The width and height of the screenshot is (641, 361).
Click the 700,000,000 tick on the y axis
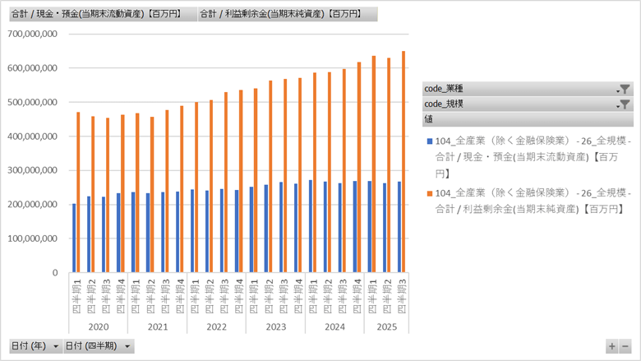(x=30, y=34)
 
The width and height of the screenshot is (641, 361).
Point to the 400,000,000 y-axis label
(x=30, y=137)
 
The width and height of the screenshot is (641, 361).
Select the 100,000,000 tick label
(x=30, y=238)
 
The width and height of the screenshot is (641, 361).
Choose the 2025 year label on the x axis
(x=384, y=326)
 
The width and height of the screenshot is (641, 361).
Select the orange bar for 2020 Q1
(x=78, y=192)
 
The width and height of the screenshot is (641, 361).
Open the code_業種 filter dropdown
(x=624, y=89)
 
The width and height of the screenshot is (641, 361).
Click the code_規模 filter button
(x=624, y=104)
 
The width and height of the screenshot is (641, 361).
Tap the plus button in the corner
(x=612, y=347)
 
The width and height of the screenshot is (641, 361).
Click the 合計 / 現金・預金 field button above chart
(x=101, y=14)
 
